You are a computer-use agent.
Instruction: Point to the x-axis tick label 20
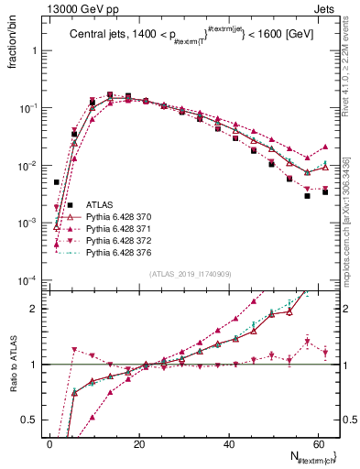pos(139,444)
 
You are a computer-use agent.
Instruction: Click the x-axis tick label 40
pos(229,444)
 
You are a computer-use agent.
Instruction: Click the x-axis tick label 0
pos(49,444)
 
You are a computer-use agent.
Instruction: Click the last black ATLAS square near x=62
pos(324,191)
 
